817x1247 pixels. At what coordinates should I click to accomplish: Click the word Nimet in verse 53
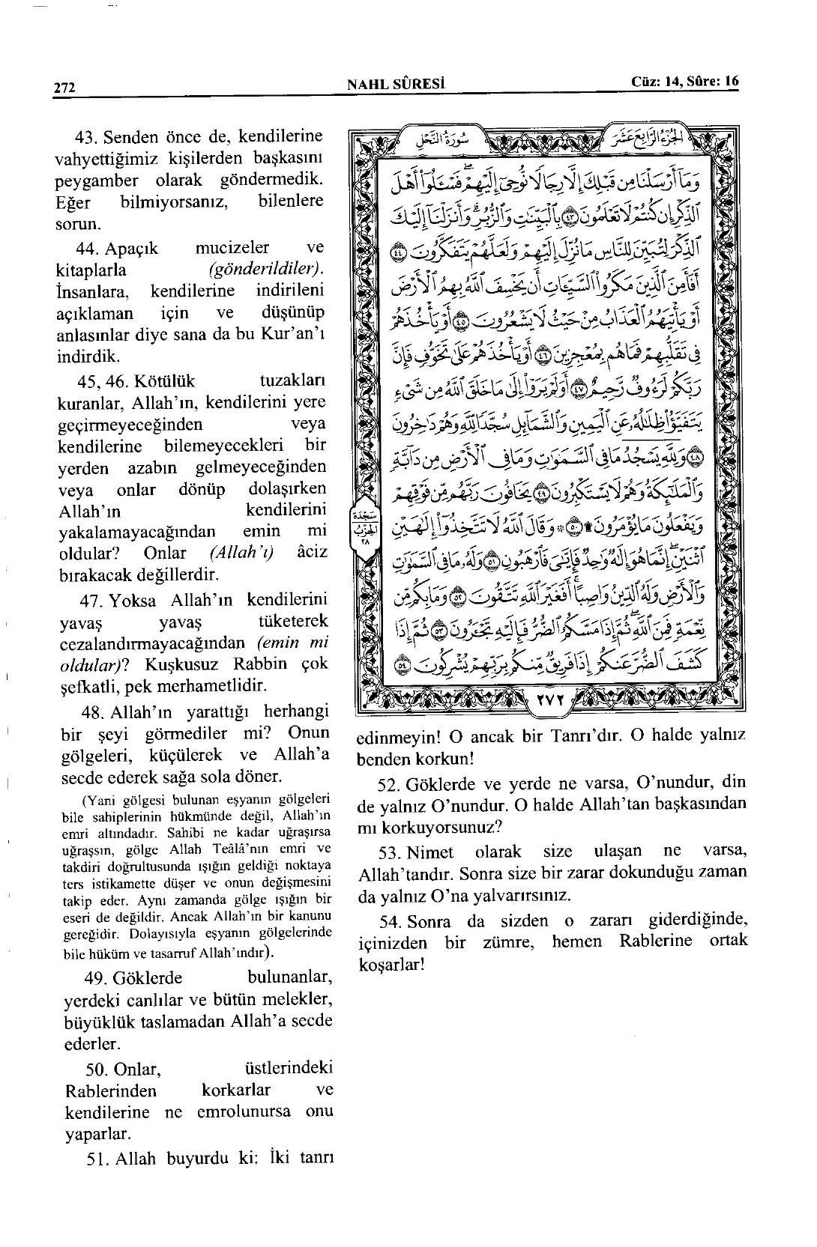436,852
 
